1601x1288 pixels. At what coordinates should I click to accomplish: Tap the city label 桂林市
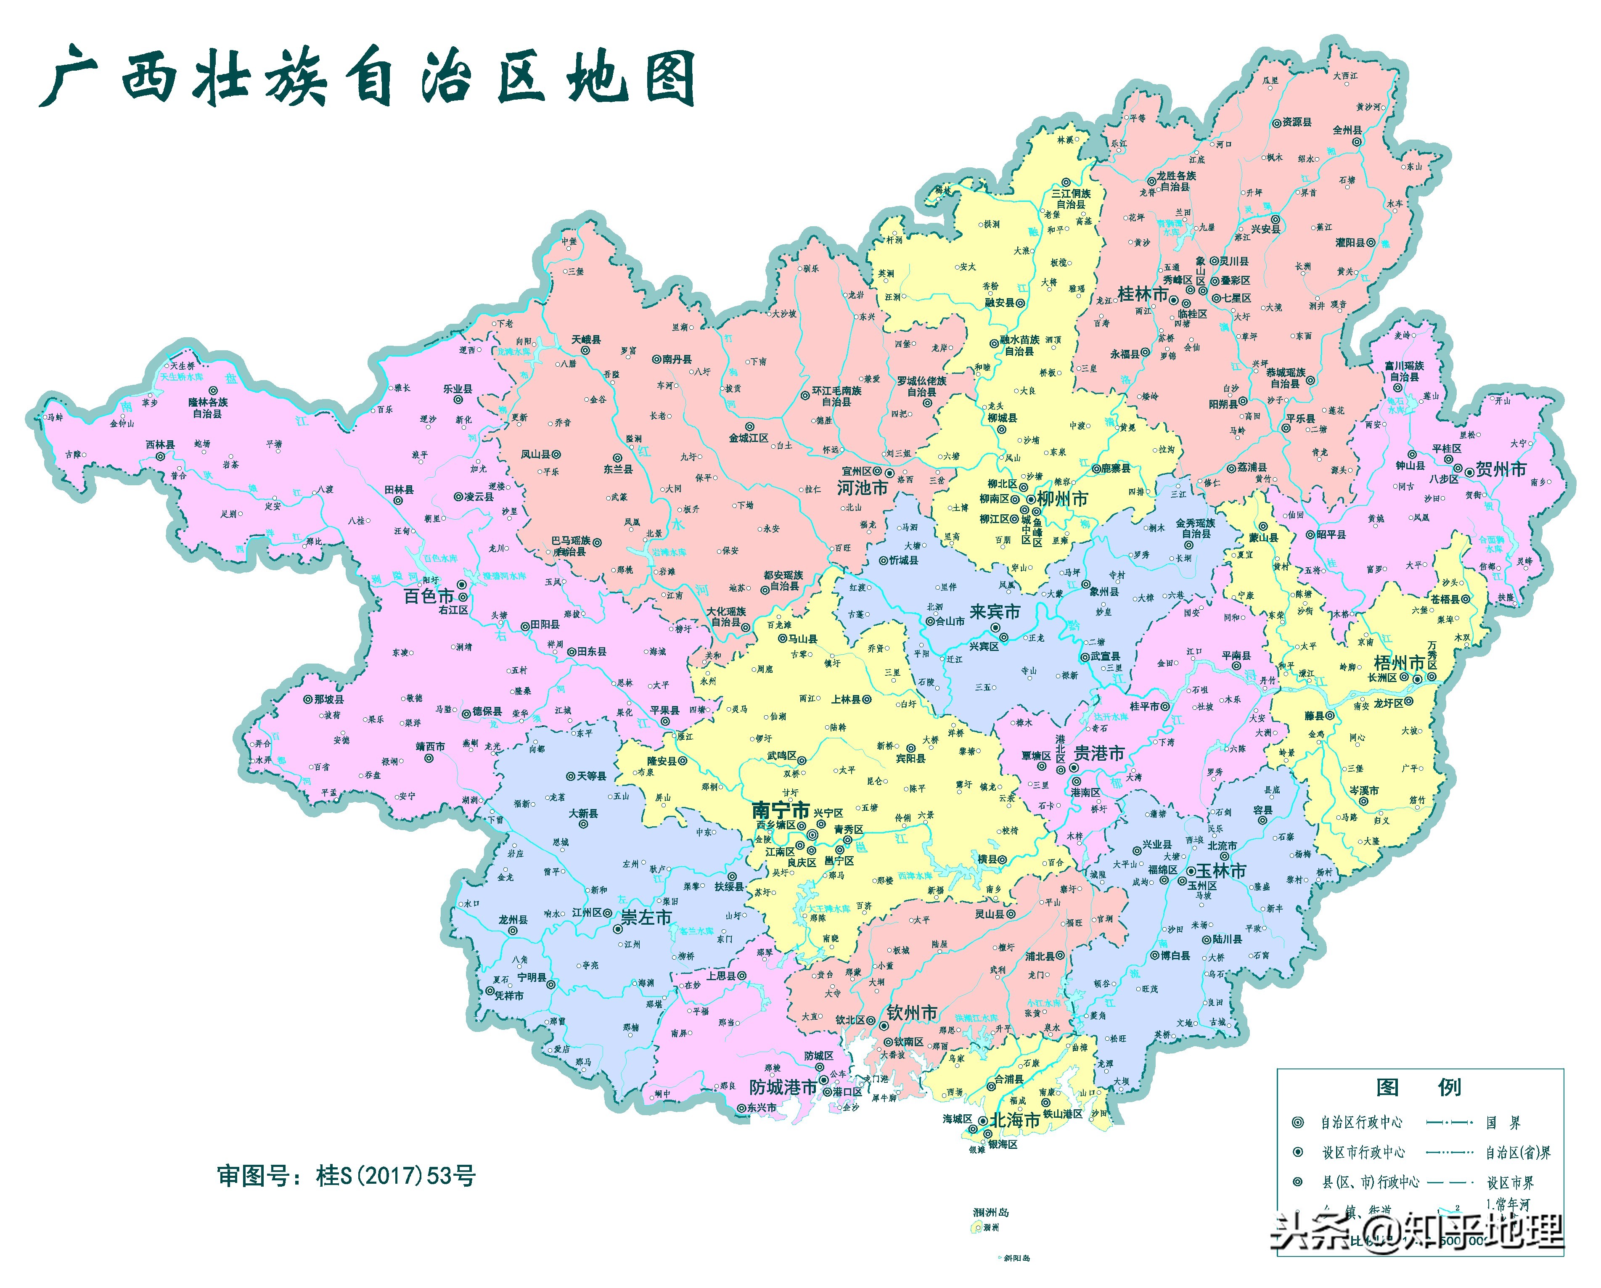point(1142,294)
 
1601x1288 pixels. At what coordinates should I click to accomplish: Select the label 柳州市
point(1063,499)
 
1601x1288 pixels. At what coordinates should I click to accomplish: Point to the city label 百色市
point(429,596)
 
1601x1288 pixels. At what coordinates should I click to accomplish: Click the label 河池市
point(862,488)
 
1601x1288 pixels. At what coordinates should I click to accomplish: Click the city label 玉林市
point(1220,871)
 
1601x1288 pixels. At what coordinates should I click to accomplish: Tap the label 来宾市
point(994,612)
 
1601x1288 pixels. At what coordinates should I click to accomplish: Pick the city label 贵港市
point(1099,754)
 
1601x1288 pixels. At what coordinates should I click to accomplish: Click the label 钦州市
point(912,1013)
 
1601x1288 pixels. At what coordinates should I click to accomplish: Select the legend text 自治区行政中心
point(1361,1122)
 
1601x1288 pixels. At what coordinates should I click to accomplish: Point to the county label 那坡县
point(328,699)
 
